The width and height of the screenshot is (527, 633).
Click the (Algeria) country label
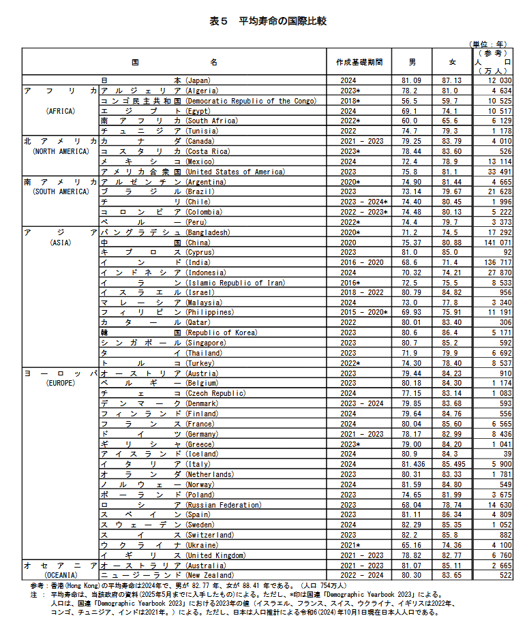pos(202,91)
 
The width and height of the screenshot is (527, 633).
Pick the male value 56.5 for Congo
pos(409,101)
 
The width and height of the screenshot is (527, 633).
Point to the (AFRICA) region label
pos(60,110)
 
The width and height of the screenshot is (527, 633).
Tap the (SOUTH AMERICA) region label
pos(61,191)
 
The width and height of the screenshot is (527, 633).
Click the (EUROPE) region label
pos(60,384)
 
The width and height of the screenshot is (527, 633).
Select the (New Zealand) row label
pos(209,576)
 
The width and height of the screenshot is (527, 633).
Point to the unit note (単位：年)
pos(490,44)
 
